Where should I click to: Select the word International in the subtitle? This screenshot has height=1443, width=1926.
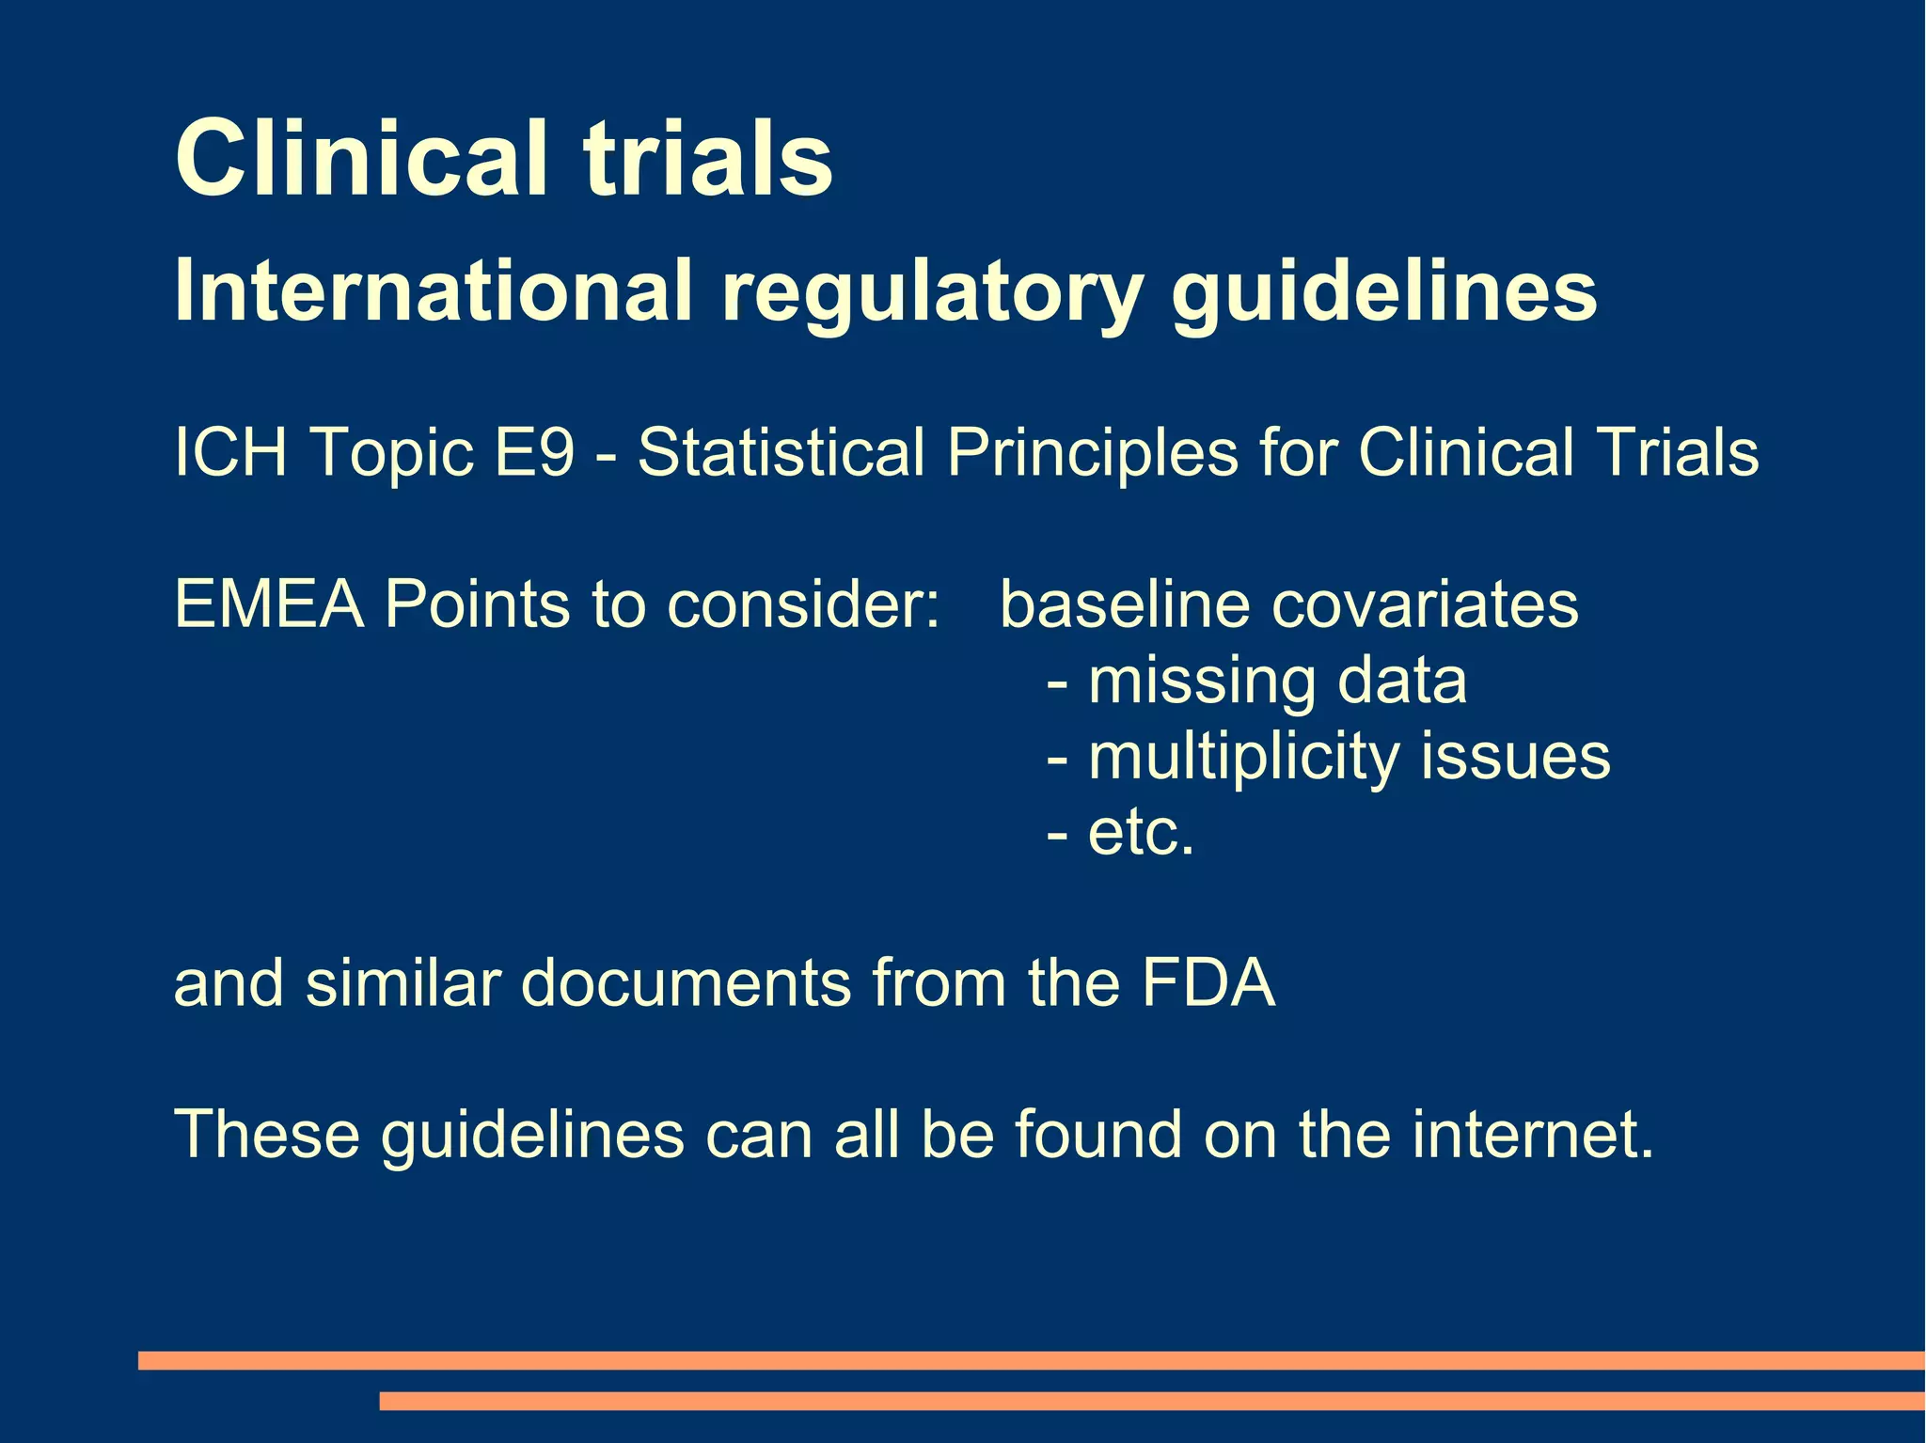[x=434, y=290]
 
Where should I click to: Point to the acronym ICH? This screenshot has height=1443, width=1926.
[x=230, y=452]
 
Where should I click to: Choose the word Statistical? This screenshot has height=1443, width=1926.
[x=781, y=452]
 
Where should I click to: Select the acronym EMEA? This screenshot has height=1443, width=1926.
[x=269, y=604]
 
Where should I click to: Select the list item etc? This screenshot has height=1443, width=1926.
[x=1141, y=833]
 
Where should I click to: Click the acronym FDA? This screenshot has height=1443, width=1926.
[x=1208, y=983]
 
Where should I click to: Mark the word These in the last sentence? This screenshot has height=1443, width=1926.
[x=267, y=1135]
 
